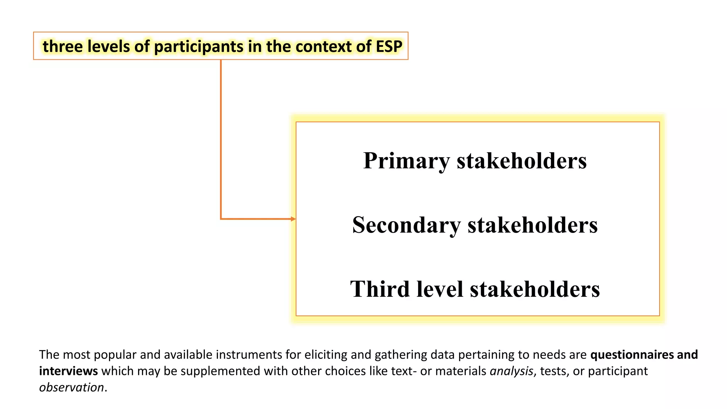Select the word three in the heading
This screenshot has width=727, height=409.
pos(62,47)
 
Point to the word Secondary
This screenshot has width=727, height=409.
pos(406,225)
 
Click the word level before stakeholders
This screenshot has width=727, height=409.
pos(440,289)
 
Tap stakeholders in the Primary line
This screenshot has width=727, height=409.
pos(521,161)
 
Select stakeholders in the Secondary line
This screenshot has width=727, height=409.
pos(532,225)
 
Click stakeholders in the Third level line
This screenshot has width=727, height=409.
pos(535,289)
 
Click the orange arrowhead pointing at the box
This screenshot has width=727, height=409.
pos(293,219)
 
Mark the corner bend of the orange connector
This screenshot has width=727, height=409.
pos(221,219)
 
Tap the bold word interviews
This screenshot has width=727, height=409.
pos(69,371)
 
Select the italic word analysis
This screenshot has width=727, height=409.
pos(511,371)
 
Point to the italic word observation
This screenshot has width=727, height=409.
pos(71,387)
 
